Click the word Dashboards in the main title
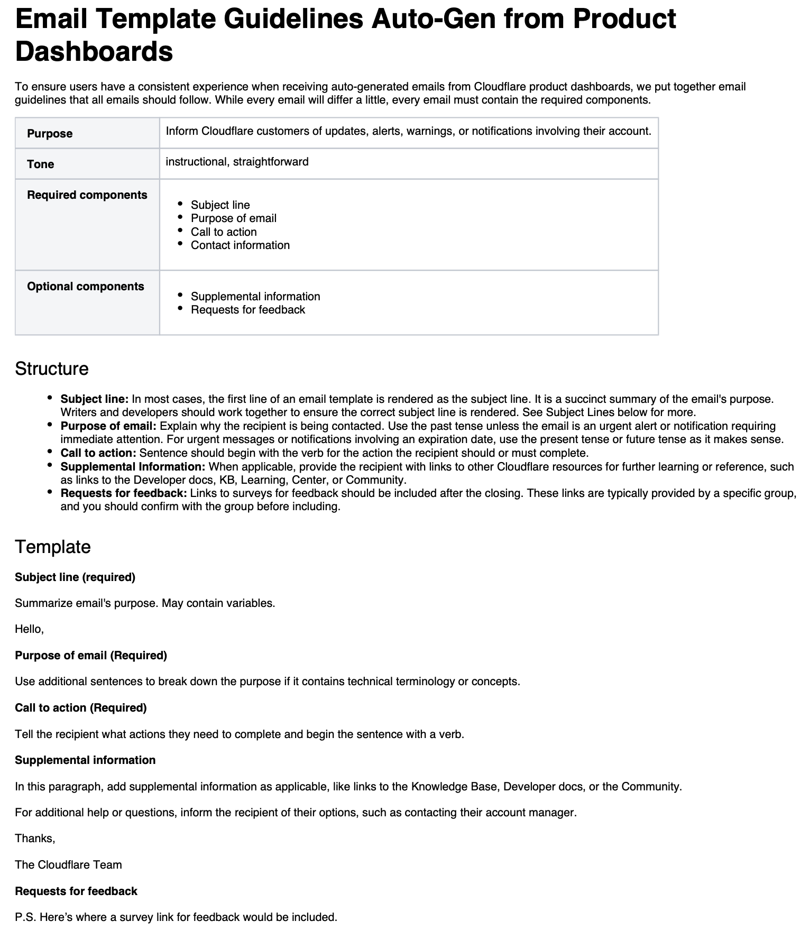click(94, 52)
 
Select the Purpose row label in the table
click(50, 134)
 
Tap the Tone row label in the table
click(41, 164)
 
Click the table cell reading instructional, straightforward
click(237, 162)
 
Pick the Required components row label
click(87, 195)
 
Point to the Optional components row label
click(86, 287)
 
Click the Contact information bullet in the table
click(240, 245)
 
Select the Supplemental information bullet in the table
click(255, 297)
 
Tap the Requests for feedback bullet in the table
click(248, 310)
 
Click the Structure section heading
click(52, 369)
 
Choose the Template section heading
click(53, 547)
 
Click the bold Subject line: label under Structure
click(95, 399)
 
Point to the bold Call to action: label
click(98, 453)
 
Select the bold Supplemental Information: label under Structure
click(133, 467)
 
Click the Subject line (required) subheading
click(75, 577)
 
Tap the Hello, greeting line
click(29, 629)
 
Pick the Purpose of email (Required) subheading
click(91, 656)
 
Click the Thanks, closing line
click(35, 838)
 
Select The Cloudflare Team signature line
click(68, 865)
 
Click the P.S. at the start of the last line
click(25, 917)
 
